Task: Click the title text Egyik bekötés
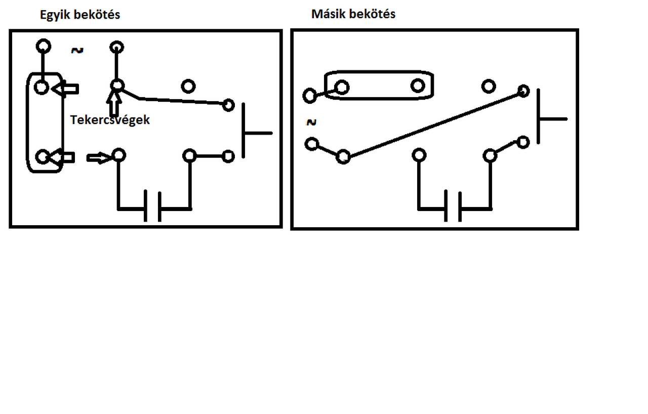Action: tap(80, 15)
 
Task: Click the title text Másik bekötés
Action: tap(353, 14)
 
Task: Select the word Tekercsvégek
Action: tap(110, 120)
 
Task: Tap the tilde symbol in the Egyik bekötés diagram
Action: tap(77, 50)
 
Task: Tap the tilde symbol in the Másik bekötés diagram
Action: tap(311, 122)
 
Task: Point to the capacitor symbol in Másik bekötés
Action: tap(453, 206)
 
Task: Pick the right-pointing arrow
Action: tap(98, 158)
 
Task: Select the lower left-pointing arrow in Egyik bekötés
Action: tap(64, 158)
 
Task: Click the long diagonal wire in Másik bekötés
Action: tap(433, 124)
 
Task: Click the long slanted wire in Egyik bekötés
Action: tap(182, 101)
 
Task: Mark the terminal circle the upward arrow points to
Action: tap(117, 86)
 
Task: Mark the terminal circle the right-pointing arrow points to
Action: tap(118, 155)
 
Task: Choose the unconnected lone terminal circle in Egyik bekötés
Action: tap(188, 87)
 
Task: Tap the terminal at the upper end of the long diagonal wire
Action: tap(523, 91)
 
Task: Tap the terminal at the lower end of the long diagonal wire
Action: tap(343, 157)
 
